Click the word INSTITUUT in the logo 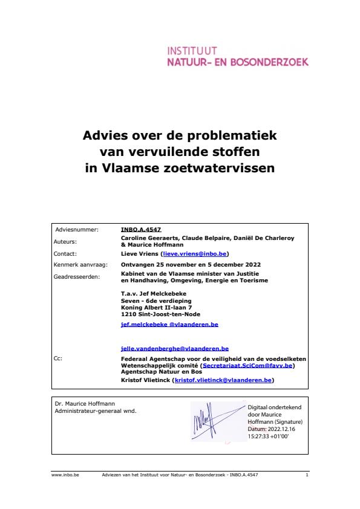[x=192, y=51]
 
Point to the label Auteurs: [x=65, y=241]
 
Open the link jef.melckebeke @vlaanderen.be [x=169, y=325]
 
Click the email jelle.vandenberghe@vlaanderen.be [x=174, y=349]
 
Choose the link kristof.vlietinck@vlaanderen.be [x=224, y=380]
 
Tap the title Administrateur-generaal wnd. [x=96, y=411]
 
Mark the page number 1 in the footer [x=307, y=476]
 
